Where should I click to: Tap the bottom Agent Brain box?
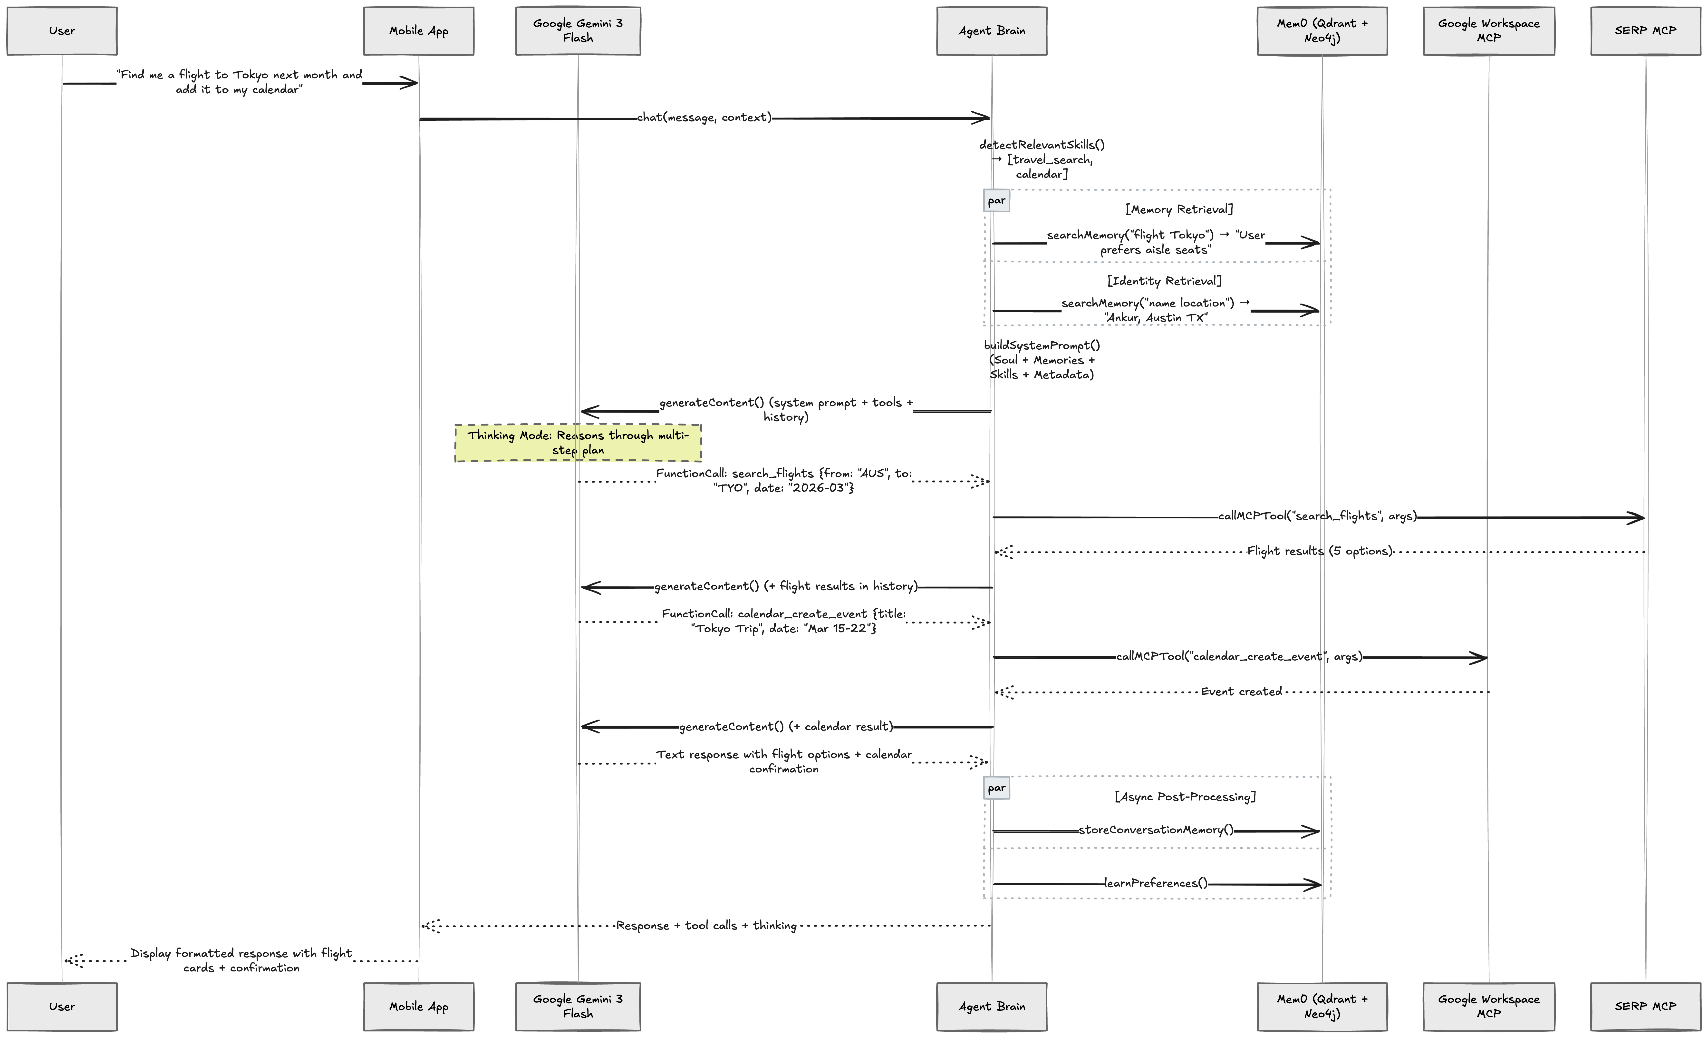(x=991, y=1006)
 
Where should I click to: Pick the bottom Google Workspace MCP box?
(x=1488, y=1006)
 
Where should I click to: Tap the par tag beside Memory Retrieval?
(x=996, y=200)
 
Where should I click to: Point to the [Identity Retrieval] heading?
(x=1164, y=281)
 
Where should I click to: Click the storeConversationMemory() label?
(x=1156, y=830)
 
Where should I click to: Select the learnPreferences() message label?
(x=1156, y=883)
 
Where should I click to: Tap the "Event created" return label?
(x=1241, y=691)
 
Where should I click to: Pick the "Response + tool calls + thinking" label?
(x=706, y=926)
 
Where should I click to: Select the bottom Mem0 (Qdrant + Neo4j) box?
(x=1322, y=1006)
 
